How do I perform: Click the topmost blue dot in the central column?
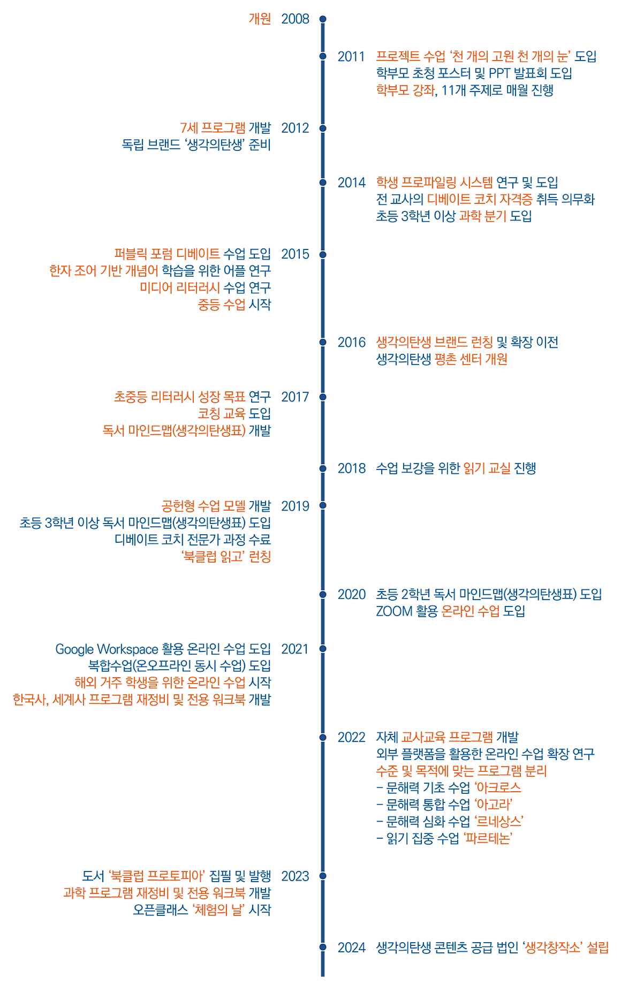(x=323, y=19)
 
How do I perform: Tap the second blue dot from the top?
(x=323, y=56)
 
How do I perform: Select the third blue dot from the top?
(x=323, y=128)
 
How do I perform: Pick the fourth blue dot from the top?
(x=323, y=183)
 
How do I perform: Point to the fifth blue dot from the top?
(x=323, y=255)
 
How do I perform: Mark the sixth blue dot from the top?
(x=323, y=342)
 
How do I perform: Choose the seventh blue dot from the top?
(x=323, y=397)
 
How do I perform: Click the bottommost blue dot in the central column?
(x=323, y=947)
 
